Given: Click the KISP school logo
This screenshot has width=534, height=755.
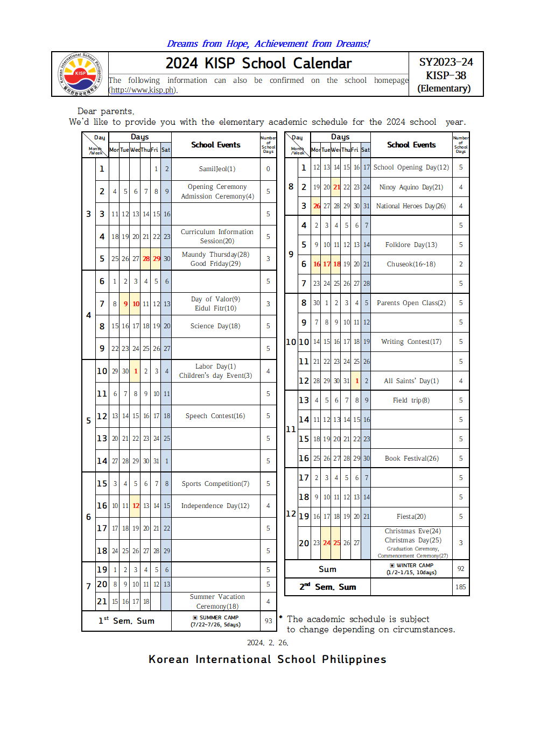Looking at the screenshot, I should [x=80, y=74].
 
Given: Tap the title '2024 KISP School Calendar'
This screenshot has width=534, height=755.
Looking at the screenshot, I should [x=258, y=63].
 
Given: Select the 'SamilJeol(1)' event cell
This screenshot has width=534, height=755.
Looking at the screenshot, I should [x=217, y=169].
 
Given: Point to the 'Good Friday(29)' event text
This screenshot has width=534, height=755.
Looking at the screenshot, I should [x=215, y=264].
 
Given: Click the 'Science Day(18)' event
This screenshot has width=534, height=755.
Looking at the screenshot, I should [x=215, y=326].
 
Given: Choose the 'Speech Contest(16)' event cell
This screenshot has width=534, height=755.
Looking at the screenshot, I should [x=215, y=416].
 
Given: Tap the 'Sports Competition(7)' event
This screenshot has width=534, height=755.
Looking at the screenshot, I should [x=215, y=484].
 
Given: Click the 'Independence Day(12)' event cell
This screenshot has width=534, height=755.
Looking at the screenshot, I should [x=215, y=506].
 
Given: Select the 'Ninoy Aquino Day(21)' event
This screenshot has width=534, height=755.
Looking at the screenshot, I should [x=411, y=187].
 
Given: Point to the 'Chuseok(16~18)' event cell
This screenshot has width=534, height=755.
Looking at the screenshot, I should [x=411, y=264].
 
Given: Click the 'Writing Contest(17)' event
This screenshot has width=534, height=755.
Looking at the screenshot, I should [x=411, y=342].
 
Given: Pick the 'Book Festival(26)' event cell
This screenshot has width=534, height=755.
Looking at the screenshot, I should [x=412, y=458].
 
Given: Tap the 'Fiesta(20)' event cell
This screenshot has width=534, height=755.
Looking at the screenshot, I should [x=411, y=517].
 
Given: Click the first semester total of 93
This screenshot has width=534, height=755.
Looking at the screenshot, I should [x=268, y=620].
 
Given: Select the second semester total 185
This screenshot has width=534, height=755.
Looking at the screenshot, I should [x=461, y=587].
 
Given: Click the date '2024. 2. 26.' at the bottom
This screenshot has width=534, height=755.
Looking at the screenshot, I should [x=268, y=643].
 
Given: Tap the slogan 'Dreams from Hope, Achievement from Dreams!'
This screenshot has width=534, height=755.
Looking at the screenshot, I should [x=268, y=44].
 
